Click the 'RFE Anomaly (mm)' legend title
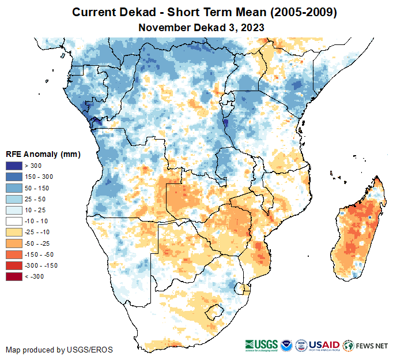[x=43, y=154]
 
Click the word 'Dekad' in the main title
[x=129, y=12]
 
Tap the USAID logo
[x=324, y=345]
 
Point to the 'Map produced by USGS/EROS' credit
[x=59, y=350]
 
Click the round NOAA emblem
[x=287, y=345]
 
